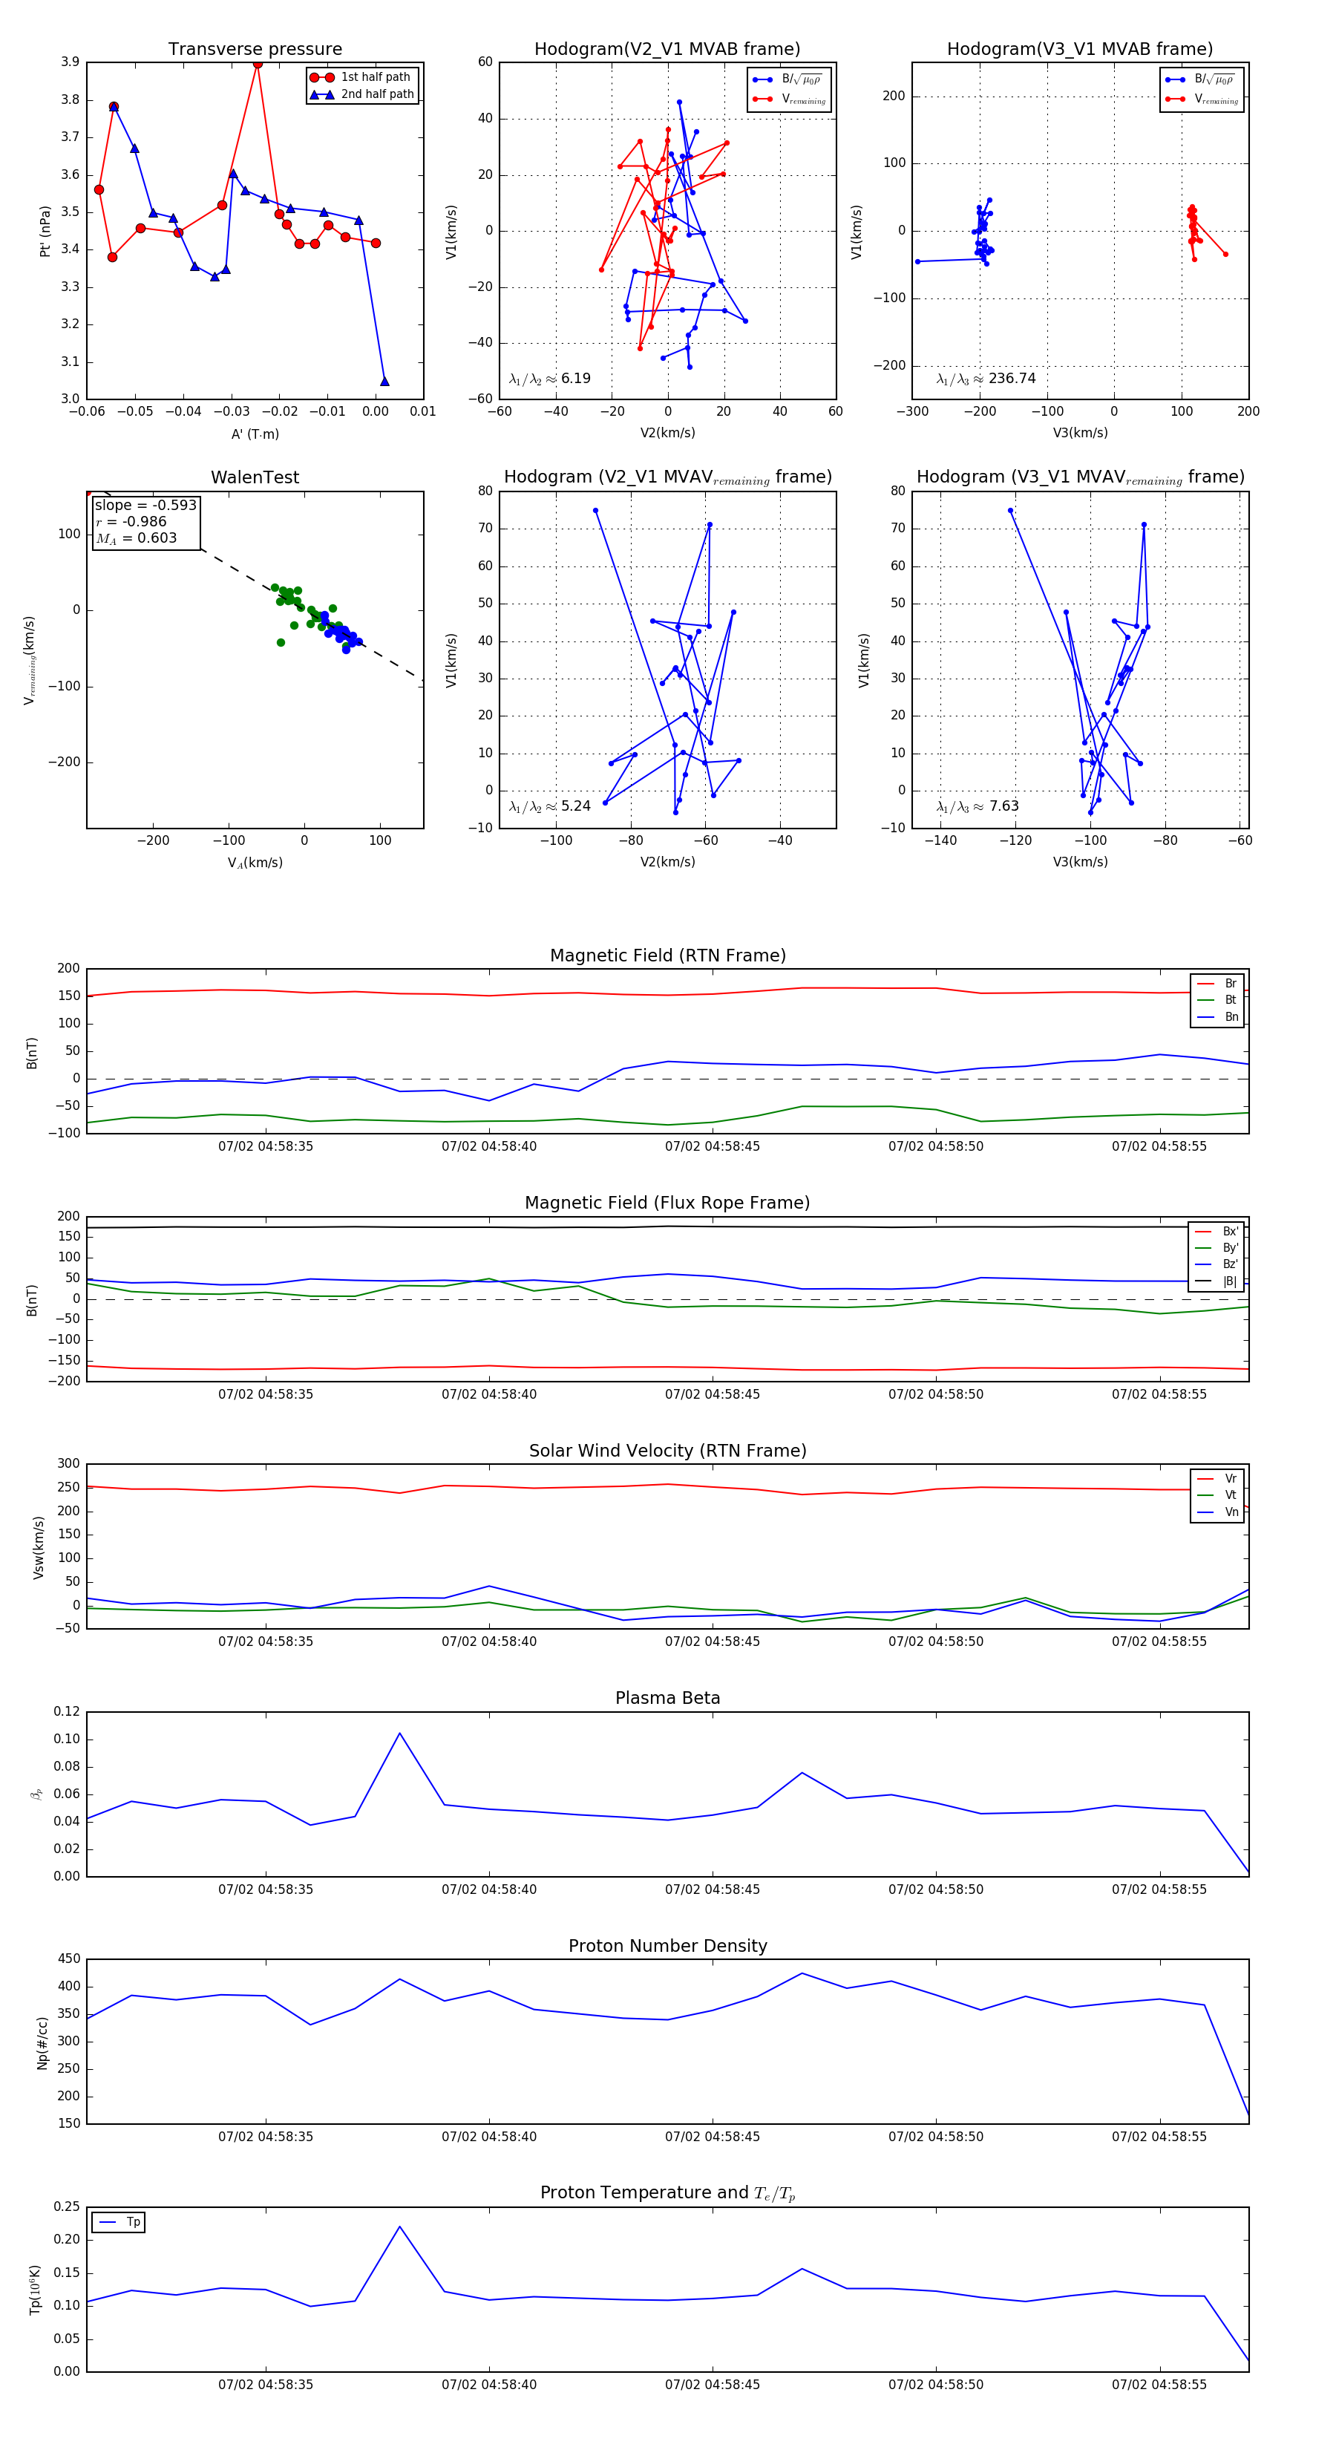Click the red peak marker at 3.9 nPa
tap(258, 64)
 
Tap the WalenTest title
tap(255, 477)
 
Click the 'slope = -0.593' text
tap(145, 505)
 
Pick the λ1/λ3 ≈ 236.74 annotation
tap(986, 379)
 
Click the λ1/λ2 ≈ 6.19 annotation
tap(549, 379)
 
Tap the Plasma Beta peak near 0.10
tap(399, 1733)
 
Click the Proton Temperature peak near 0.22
tap(399, 2227)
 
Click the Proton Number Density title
tap(667, 1946)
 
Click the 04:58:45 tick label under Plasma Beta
tap(713, 1889)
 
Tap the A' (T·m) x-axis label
tap(255, 434)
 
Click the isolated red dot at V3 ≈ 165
tap(1225, 254)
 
